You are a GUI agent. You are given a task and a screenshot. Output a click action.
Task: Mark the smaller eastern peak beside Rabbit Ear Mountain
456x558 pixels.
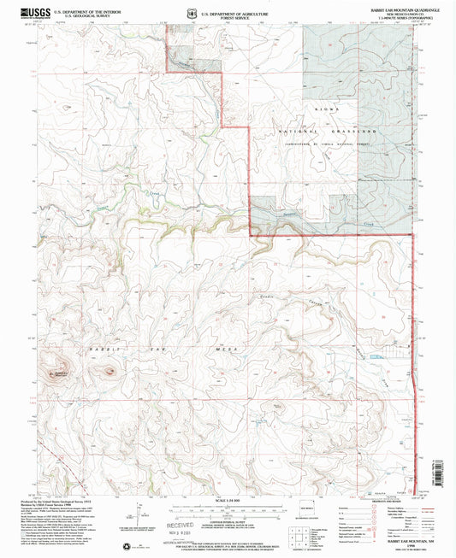108,371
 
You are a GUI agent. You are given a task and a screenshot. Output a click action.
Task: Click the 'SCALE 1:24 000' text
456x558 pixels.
228,499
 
